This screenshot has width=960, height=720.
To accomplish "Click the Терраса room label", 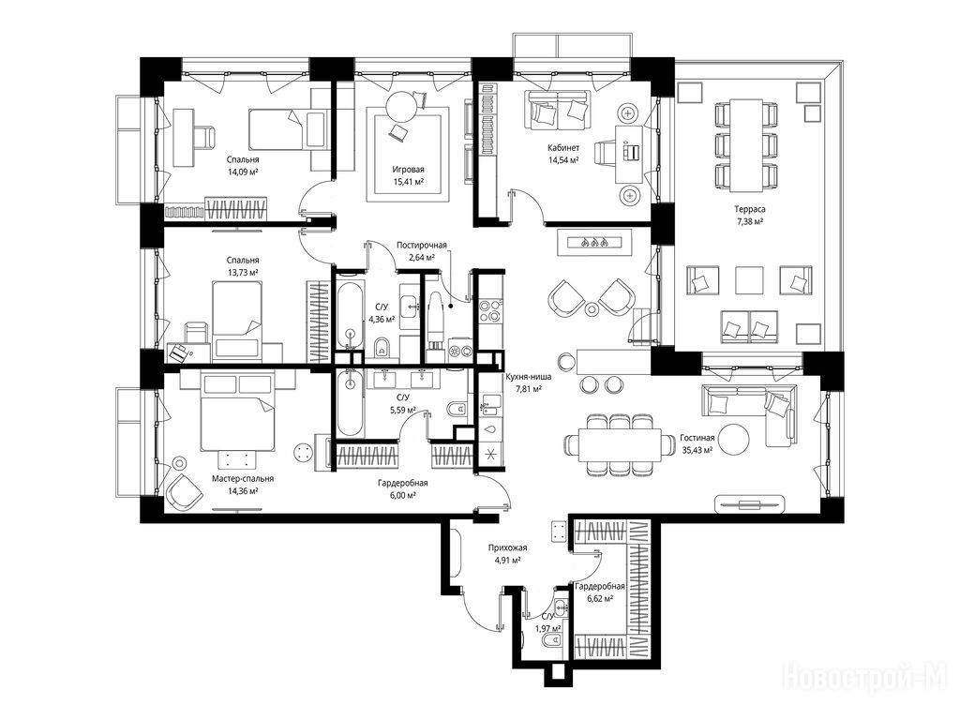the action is coord(749,209).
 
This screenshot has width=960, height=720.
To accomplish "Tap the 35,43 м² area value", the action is coord(697,449).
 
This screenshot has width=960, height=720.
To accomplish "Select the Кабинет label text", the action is coord(563,148).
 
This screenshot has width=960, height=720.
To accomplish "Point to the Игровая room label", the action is coord(409,170).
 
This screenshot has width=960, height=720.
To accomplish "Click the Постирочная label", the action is coord(422,246).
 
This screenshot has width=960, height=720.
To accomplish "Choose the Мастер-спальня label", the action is coord(243,479).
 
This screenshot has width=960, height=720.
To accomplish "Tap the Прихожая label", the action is coord(507,548).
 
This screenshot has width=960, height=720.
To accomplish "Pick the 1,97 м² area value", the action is coord(547,629).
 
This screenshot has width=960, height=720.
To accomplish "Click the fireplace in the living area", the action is coord(593,242).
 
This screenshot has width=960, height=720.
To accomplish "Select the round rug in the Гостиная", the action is coord(733,439).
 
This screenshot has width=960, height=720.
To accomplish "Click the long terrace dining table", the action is coord(747,145).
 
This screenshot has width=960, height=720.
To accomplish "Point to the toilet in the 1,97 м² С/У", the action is coord(553,641).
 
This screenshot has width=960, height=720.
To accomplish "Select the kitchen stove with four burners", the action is coord(490,310).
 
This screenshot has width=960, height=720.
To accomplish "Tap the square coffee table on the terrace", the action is coord(750,280).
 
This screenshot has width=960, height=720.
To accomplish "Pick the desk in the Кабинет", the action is coord(629,154).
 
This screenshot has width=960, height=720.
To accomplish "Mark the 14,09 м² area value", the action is coord(243,172).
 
